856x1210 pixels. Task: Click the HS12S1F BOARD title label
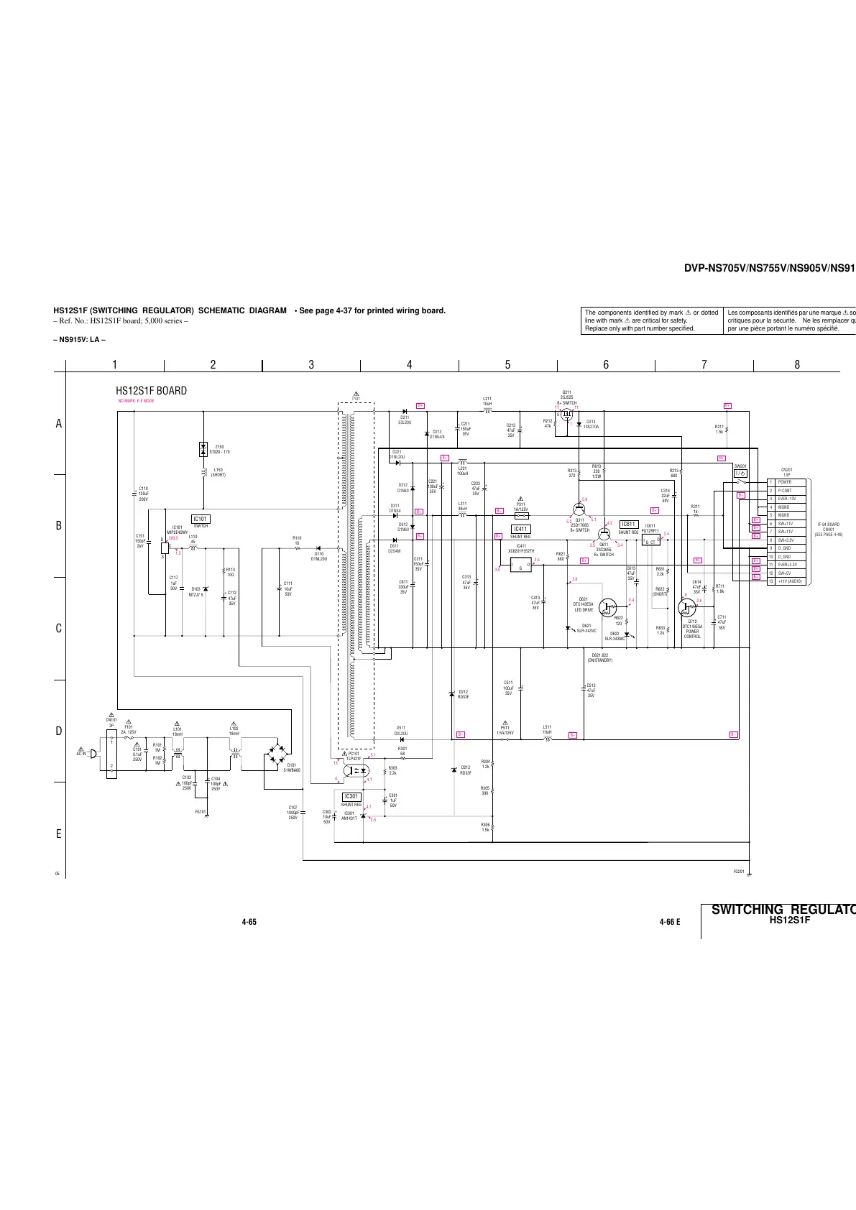[152, 391]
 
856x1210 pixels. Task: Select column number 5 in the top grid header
[507, 365]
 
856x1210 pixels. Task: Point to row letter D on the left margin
[59, 731]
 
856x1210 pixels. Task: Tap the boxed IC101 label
[201, 519]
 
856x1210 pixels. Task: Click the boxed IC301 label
[351, 797]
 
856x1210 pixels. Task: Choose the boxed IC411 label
[520, 529]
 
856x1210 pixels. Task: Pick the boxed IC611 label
[629, 525]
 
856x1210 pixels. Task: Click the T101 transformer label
[356, 398]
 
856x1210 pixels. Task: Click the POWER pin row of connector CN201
[785, 482]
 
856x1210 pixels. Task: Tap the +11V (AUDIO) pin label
[791, 581]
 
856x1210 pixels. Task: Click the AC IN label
[80, 754]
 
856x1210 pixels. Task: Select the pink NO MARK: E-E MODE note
[136, 401]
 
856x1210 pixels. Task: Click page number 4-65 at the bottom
[249, 922]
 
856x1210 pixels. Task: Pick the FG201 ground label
[738, 872]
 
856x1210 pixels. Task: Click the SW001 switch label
[740, 466]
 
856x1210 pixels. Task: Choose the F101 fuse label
[129, 727]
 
